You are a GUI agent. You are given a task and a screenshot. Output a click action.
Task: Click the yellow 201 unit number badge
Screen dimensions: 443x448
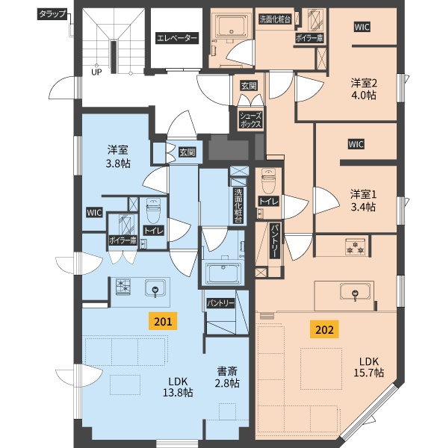tap(163, 321)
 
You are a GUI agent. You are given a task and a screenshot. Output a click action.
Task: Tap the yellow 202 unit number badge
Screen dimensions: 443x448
tap(324, 329)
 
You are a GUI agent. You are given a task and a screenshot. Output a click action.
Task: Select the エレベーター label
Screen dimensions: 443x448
tap(177, 38)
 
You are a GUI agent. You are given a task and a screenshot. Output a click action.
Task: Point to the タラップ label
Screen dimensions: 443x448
tap(52, 14)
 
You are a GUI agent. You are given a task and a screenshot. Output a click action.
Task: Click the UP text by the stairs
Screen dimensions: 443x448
tap(96, 72)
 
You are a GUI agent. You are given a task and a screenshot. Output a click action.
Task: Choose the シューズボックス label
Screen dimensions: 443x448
tap(250, 120)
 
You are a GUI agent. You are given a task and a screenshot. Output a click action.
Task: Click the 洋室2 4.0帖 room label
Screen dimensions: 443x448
tap(364, 89)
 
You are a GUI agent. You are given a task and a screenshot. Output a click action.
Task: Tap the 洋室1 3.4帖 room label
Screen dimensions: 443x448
tap(363, 201)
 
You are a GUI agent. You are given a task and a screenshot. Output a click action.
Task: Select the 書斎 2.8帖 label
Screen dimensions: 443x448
tap(227, 377)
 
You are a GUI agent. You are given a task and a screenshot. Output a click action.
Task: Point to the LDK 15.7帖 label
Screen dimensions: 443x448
tap(369, 367)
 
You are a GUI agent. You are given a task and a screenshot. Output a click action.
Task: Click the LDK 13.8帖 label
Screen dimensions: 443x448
tap(178, 387)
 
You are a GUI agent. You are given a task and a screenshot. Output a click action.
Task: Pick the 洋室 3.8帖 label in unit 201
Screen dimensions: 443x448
tap(118, 157)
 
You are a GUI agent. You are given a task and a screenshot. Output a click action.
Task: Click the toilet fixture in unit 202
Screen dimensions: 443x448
tap(269, 181)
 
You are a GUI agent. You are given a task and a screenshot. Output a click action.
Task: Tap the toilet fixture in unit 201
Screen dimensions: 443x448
tap(153, 211)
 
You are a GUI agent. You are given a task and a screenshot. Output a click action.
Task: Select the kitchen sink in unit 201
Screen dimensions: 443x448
tap(155, 288)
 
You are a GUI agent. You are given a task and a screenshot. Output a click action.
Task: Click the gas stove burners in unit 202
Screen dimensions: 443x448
tap(356, 246)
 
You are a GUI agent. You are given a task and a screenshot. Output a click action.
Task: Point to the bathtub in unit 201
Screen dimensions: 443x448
tap(222, 273)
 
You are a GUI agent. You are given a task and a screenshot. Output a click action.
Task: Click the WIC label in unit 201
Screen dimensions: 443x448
tap(94, 213)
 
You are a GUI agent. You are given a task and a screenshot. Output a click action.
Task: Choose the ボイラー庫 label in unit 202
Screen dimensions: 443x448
tap(309, 38)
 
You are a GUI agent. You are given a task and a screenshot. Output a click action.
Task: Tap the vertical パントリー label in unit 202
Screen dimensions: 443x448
tap(274, 241)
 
